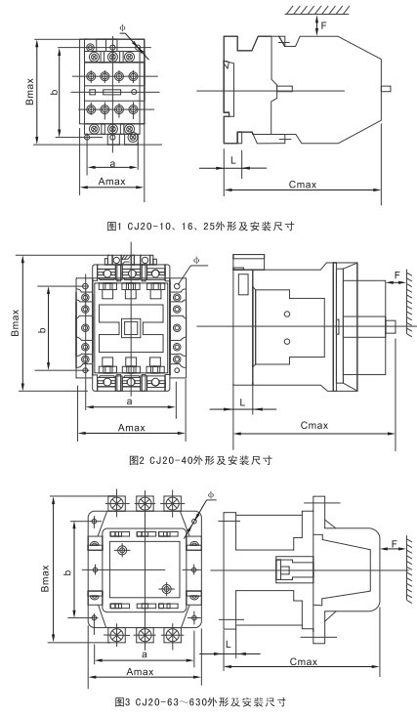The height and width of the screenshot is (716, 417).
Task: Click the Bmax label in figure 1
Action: pos(29,91)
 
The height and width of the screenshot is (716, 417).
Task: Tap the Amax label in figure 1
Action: pos(112,182)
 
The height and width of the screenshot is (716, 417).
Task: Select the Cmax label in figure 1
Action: pos(303,184)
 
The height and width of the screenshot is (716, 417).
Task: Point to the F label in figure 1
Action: pos(323,25)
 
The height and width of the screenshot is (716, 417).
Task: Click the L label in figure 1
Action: pos(233,160)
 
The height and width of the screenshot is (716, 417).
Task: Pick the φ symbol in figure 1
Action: pos(122,28)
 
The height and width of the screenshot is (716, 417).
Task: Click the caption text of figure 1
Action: pos(200,226)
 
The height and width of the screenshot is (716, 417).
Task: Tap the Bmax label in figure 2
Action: pos(16,322)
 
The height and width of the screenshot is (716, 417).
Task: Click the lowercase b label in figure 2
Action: pos(43,329)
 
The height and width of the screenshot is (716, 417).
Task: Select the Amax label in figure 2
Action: pos(132,428)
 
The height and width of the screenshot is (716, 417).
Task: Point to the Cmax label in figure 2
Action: pos(314,425)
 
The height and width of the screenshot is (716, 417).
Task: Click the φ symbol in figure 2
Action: pos(196,260)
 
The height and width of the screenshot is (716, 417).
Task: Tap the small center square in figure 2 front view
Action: pos(131,327)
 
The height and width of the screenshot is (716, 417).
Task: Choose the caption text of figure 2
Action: pos(200,460)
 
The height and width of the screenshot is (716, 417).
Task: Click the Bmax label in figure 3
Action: pos(45,578)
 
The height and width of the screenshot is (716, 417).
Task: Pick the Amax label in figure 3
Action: pos(141,671)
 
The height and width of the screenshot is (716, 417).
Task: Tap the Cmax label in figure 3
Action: pos(304,661)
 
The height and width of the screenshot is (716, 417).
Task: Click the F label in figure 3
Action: pos(395,543)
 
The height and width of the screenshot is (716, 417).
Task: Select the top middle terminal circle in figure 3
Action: pos(145,503)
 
